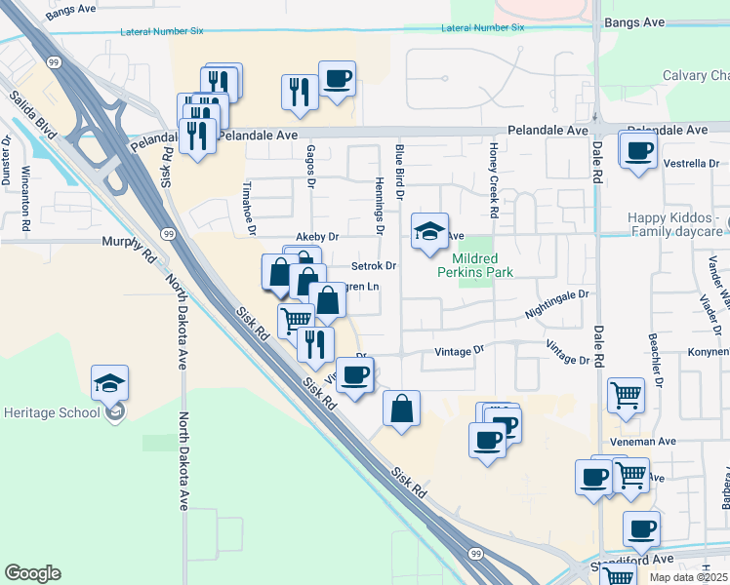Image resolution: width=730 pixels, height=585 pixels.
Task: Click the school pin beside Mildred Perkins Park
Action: point(429,232)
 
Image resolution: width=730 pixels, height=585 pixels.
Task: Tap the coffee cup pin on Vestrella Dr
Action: point(638,151)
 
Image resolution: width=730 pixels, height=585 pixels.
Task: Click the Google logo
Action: point(32,573)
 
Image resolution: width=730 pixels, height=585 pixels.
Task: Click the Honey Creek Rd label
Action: point(495,179)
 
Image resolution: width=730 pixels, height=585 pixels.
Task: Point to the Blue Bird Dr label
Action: point(399,172)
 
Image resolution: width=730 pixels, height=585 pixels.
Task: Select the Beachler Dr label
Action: point(656,357)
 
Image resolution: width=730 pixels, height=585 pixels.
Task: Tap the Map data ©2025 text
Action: point(688,577)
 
